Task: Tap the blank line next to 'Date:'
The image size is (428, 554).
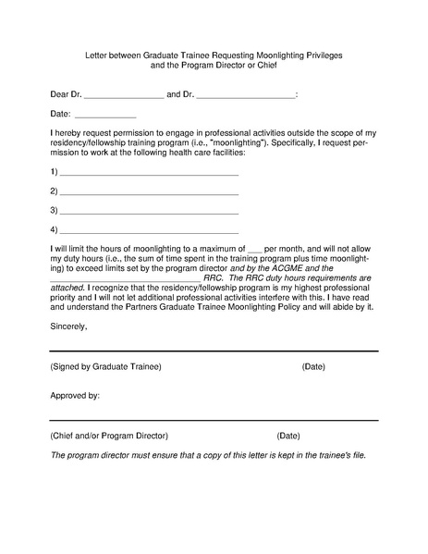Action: [x=104, y=116]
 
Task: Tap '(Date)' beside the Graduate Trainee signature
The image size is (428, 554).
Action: [x=313, y=367]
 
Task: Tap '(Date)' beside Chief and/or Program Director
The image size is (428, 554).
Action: [x=288, y=435]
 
